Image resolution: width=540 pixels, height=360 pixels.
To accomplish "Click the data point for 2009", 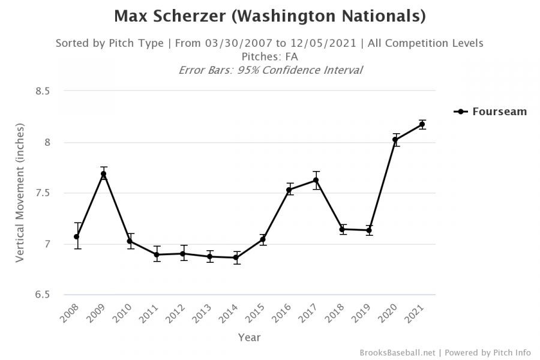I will tap(103, 174).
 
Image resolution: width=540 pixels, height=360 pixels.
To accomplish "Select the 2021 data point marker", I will tap(422, 124).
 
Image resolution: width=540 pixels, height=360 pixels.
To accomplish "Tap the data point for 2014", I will tap(236, 257).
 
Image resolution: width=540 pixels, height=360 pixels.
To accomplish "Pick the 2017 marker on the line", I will tap(316, 180).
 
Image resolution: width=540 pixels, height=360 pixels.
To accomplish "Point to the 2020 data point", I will tap(395, 140).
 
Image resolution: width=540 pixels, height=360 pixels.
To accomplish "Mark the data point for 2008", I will tap(77, 236).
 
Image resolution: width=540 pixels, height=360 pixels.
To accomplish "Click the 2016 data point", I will tap(289, 190).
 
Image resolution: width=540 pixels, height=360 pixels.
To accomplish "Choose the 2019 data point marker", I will tap(369, 230).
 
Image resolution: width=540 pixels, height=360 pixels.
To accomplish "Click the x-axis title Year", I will tap(249, 337).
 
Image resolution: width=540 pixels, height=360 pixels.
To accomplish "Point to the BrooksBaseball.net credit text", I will tap(397, 353).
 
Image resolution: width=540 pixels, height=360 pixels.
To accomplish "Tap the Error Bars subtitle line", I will tap(270, 70).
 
